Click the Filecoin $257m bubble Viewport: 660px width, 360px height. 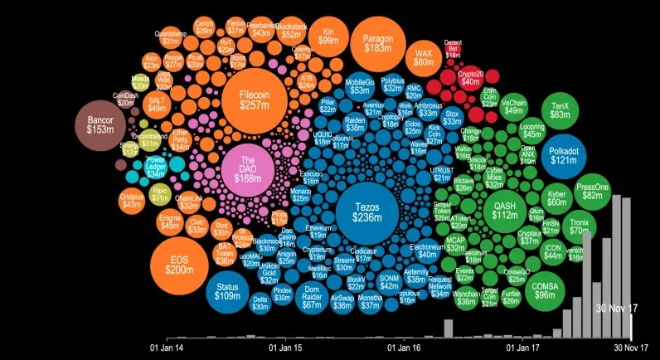253,100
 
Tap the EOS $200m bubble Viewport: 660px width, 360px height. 178,265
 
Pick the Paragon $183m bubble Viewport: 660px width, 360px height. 377,43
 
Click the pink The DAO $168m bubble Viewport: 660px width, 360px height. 247,169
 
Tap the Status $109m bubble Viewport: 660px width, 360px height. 227,290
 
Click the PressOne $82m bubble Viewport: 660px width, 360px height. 592,192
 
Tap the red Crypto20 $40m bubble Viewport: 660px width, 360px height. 470,77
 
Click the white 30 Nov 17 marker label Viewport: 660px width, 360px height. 614,308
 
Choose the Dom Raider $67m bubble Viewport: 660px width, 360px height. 311,300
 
